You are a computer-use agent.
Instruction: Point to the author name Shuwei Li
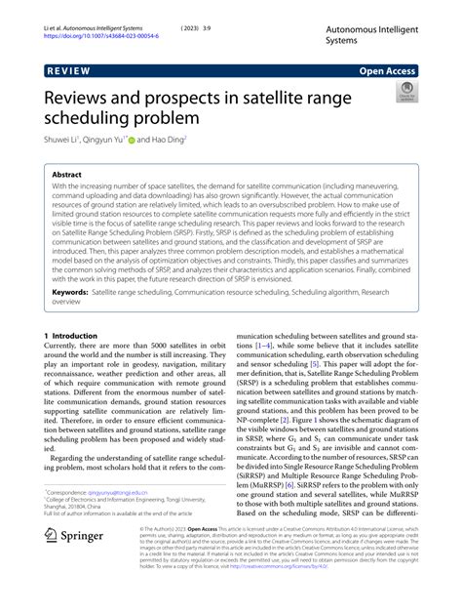click(x=58, y=140)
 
